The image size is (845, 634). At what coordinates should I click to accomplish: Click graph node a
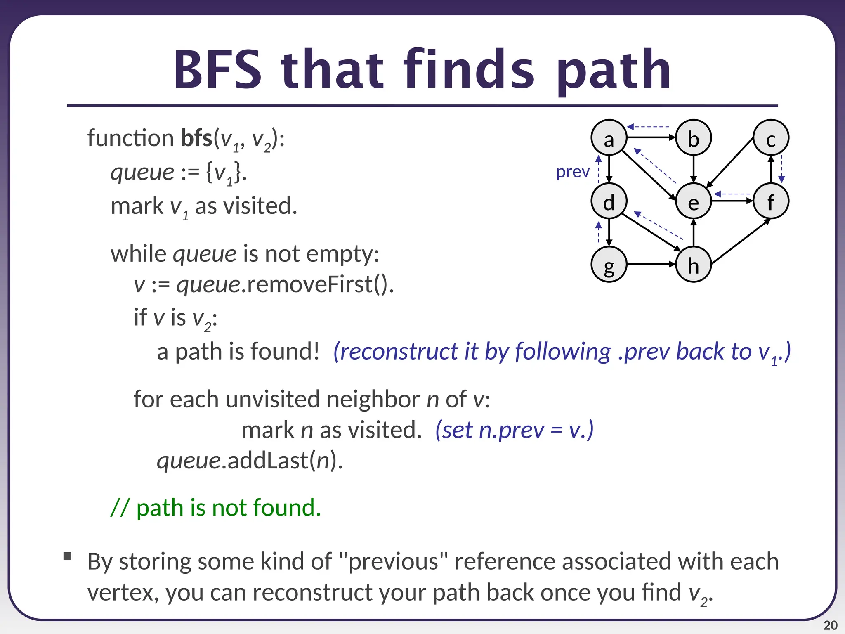click(609, 137)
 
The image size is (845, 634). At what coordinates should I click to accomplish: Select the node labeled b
click(694, 137)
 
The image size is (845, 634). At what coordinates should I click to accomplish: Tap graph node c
click(771, 137)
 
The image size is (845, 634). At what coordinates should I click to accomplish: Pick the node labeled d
click(609, 201)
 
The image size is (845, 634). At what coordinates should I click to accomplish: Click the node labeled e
click(694, 201)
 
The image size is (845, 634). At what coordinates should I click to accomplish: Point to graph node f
click(771, 201)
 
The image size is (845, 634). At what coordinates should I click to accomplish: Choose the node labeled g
click(609, 264)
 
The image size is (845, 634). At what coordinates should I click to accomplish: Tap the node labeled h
click(694, 264)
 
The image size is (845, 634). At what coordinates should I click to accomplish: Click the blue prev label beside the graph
click(573, 172)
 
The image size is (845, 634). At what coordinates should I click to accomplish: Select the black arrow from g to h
click(651, 264)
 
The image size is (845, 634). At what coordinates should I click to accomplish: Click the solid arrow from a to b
click(651, 137)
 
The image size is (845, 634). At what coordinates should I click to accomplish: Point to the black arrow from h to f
click(741, 241)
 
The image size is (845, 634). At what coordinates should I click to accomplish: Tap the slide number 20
click(830, 625)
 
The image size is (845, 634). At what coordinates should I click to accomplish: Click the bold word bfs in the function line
click(196, 138)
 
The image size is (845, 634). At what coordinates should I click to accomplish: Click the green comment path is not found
click(216, 507)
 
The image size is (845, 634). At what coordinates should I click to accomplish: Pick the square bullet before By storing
click(67, 556)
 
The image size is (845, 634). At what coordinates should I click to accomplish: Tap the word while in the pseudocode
click(138, 253)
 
